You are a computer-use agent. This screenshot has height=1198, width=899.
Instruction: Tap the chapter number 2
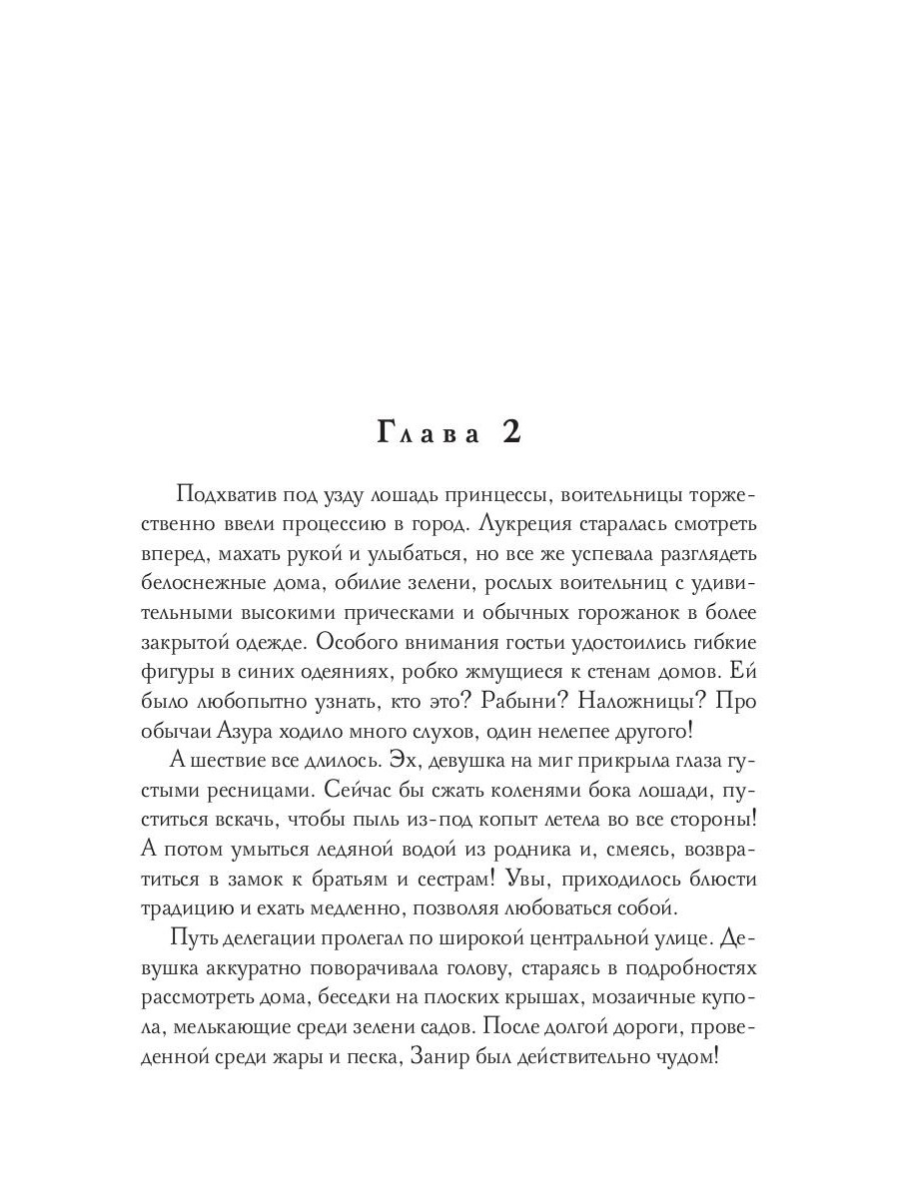510,435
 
